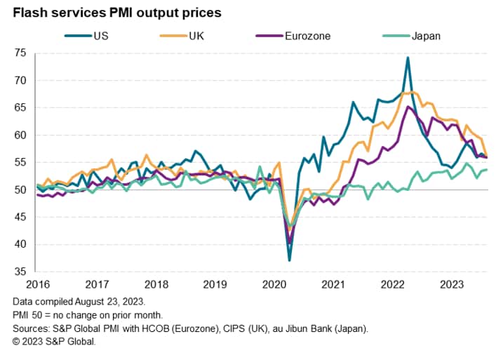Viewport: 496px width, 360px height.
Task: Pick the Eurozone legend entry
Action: pos(302,36)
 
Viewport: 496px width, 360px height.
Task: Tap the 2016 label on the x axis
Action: pos(38,284)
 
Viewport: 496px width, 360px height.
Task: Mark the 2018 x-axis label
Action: pos(156,284)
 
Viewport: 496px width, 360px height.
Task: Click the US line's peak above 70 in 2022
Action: pos(408,58)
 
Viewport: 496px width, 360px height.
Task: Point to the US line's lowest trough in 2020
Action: pos(289,260)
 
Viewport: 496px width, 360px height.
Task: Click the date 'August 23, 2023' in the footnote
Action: pos(105,300)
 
